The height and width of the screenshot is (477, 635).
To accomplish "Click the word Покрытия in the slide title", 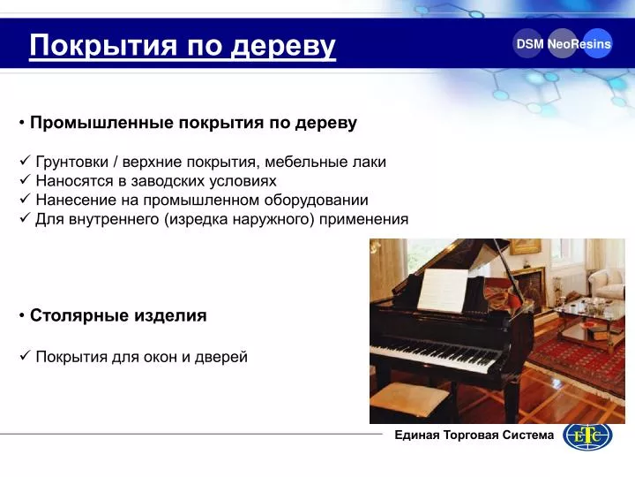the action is [x=103, y=45].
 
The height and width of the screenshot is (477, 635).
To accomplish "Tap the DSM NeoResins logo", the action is [x=563, y=43].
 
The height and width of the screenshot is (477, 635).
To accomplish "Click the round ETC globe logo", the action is [x=587, y=436].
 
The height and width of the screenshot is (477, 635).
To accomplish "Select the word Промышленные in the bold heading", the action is [x=101, y=123].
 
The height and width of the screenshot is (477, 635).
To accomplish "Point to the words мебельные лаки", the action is [x=325, y=162].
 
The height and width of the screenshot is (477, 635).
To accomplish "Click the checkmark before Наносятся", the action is [x=25, y=179].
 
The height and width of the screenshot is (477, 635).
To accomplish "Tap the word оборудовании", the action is [x=317, y=200].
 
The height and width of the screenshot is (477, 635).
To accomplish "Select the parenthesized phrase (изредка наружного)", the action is [x=239, y=219].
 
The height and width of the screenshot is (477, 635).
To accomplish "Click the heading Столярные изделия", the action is [x=118, y=315].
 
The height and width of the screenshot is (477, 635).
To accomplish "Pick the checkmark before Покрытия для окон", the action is [x=25, y=356].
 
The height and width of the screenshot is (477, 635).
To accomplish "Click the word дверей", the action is [x=221, y=358].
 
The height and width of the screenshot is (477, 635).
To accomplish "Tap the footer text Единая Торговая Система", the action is [x=474, y=435].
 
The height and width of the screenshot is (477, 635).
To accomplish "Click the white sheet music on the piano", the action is [x=442, y=291].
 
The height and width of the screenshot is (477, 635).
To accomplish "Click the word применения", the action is [x=363, y=219].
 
